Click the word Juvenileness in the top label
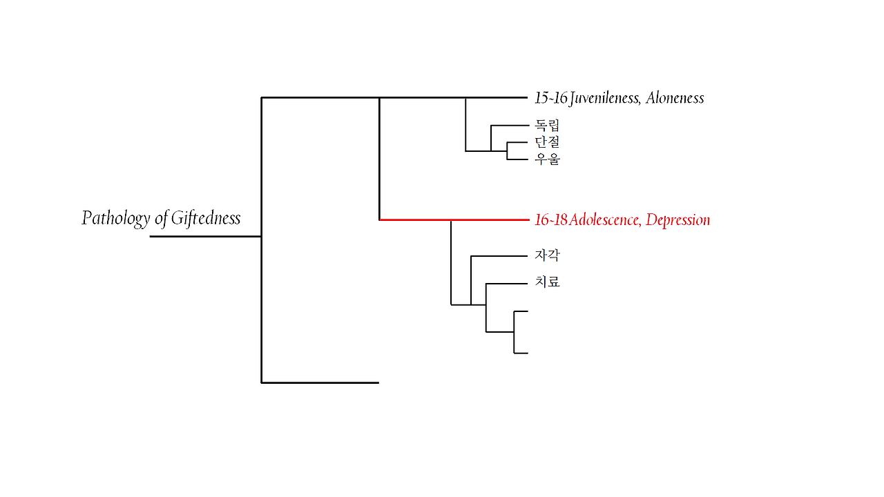click(x=606, y=98)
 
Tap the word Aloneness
click(x=675, y=98)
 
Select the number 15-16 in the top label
click(x=550, y=98)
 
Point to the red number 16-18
click(x=551, y=220)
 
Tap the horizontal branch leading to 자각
click(x=499, y=256)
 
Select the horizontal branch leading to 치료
click(x=507, y=284)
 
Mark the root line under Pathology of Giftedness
click(x=205, y=236)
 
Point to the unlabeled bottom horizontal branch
click(x=320, y=382)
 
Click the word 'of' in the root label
click(x=161, y=219)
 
